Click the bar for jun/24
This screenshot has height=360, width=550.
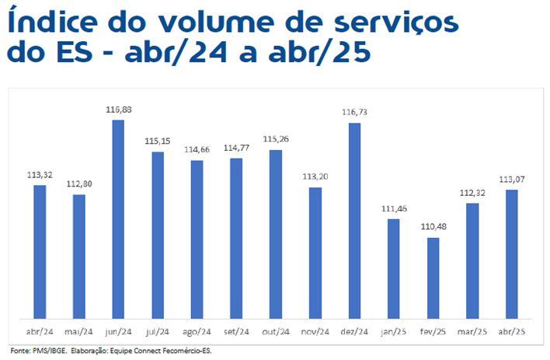[119, 218]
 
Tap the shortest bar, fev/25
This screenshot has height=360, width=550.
[433, 278]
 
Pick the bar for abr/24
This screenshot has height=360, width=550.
[40, 251]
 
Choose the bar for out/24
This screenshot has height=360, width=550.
[276, 233]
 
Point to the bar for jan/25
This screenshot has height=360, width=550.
[394, 268]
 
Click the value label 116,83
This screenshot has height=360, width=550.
[119, 110]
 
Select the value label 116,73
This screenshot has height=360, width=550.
[354, 114]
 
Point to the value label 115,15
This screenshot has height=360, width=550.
[158, 142]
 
